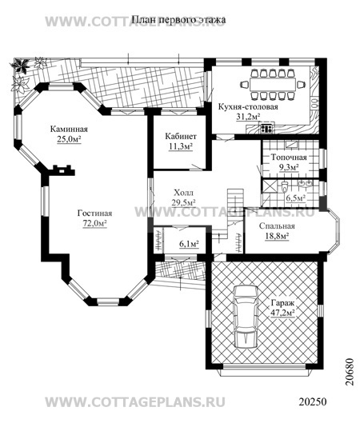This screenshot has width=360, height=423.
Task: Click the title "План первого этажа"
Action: coord(178,20)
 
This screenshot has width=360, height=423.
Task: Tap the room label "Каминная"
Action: coord(69,129)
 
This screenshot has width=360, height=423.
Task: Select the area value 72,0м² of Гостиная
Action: coord(94,223)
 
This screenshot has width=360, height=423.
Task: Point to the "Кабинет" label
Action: coord(181,136)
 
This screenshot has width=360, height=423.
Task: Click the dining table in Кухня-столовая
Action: coord(273,85)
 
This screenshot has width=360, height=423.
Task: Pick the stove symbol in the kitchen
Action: coord(267,129)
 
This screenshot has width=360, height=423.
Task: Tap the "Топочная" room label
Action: coord(289,157)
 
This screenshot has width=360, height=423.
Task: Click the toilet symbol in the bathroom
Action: coord(285,186)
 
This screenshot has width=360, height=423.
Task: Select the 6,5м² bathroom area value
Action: coord(295,198)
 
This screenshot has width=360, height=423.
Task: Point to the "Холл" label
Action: coord(183,193)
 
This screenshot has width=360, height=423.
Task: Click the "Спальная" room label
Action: coord(277,226)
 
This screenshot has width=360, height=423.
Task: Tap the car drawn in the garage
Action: coord(246,317)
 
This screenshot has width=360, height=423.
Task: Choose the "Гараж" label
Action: coord(282,304)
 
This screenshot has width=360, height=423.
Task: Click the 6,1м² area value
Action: coord(189,244)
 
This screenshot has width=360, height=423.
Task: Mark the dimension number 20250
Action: coord(313,401)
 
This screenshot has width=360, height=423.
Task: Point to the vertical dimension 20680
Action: coord(350,372)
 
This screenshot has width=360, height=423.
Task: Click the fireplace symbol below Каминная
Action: coord(64,170)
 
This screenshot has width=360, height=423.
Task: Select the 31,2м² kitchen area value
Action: coord(248,117)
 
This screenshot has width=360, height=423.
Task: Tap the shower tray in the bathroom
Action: coord(269,186)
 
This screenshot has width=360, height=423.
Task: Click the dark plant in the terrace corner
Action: coord(20,66)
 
